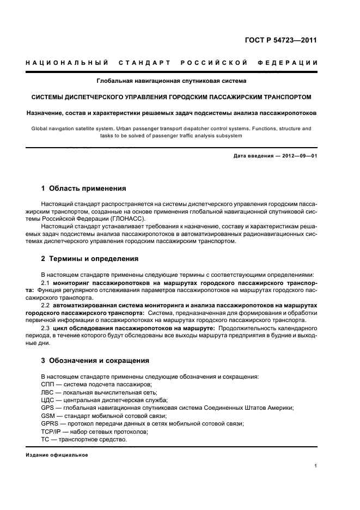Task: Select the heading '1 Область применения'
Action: click(x=83, y=189)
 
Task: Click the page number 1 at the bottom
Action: click(x=316, y=466)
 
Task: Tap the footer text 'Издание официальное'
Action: click(x=56, y=454)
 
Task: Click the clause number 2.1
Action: click(x=46, y=284)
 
